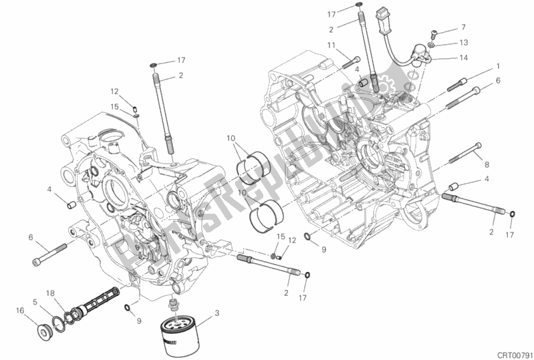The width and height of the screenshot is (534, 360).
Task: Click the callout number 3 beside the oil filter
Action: pos(216,313)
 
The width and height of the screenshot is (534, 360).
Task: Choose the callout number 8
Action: pos(487,164)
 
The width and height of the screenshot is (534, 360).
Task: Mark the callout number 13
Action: pos(464,42)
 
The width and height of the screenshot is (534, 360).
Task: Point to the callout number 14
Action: pos(464,57)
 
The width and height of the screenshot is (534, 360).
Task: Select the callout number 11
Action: pos(331,45)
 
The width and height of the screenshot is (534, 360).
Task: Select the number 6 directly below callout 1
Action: pos(497,81)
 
